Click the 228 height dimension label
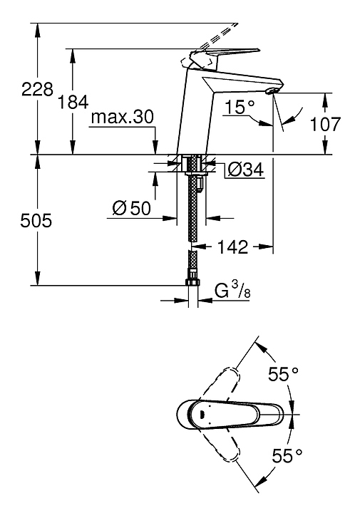tap(37, 89)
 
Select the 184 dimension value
tap(73, 102)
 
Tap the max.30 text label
tap(122, 117)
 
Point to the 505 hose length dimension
tap(36, 221)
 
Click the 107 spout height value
tap(325, 124)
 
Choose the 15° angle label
tap(240, 107)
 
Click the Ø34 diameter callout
tap(245, 170)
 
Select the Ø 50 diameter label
tap(132, 208)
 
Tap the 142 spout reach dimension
tap(232, 247)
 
